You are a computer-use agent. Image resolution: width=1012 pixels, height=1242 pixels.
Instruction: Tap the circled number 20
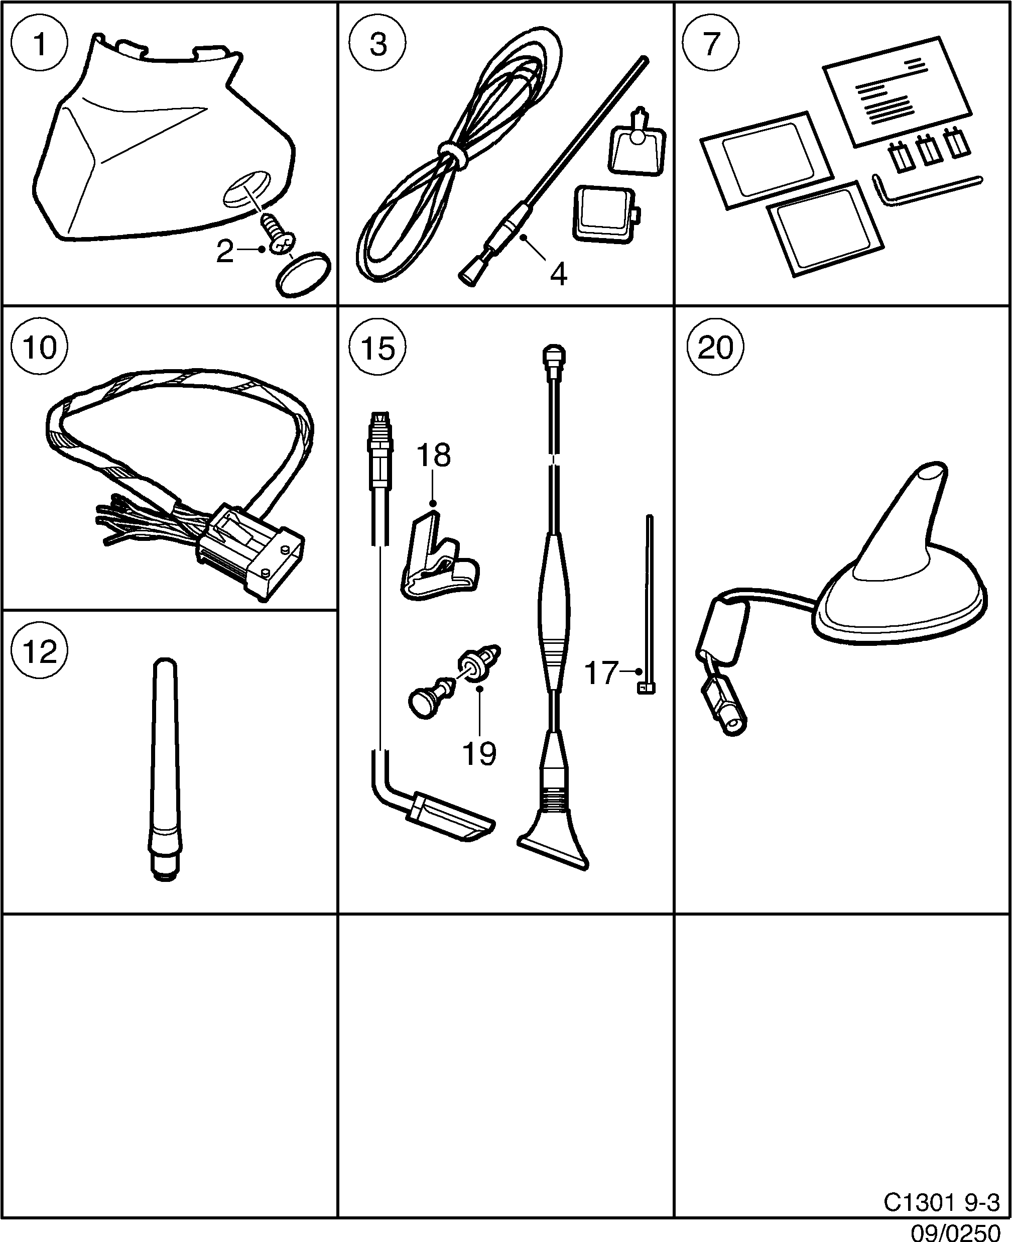point(715,348)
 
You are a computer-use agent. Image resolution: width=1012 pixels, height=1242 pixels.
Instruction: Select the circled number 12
point(40,651)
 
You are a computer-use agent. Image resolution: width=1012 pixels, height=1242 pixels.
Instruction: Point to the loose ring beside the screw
point(303,275)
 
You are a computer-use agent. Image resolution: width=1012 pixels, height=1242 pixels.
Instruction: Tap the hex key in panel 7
point(927,189)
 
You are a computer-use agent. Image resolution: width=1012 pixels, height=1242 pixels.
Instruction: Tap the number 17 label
point(600,673)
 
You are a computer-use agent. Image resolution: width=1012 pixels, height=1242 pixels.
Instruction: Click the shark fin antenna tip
point(930,475)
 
